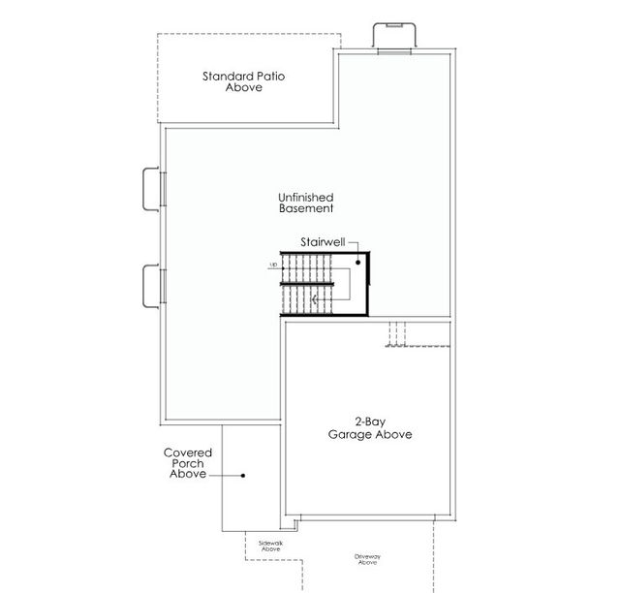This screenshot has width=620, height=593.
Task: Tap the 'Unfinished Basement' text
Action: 306,202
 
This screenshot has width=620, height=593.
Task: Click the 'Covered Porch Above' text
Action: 188,463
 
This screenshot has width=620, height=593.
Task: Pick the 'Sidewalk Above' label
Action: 270,546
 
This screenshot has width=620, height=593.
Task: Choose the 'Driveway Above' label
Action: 367,560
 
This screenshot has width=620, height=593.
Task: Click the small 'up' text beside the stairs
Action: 273,265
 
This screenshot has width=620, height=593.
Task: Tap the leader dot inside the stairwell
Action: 357,262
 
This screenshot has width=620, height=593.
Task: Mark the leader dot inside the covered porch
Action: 243,476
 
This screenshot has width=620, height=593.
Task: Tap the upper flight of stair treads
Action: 308,267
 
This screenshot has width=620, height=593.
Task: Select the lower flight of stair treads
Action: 308,300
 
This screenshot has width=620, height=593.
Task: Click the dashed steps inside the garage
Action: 397,334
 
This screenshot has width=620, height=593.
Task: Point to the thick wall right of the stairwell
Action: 369,286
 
